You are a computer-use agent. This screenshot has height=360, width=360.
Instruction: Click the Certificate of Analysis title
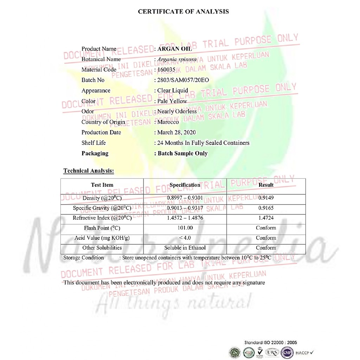183,12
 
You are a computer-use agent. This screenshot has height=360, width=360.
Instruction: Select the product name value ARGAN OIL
175,49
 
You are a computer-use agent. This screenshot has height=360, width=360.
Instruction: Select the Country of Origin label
103,122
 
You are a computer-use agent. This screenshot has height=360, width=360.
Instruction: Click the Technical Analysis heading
89,171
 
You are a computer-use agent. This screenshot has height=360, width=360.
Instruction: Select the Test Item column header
102,185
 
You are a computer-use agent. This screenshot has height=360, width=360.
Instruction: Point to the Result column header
266,185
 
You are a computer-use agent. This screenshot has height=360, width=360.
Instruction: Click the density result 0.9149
266,198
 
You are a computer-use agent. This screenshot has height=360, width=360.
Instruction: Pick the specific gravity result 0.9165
266,208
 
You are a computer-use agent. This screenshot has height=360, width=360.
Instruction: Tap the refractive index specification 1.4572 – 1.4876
185,218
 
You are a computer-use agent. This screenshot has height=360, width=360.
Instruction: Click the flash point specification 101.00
185,228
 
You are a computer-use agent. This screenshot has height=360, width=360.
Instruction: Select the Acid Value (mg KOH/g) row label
102,238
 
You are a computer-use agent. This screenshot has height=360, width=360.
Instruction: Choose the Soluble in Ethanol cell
185,248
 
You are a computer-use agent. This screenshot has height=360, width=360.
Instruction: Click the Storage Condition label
84,258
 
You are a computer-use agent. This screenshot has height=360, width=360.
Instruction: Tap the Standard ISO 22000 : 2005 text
271,342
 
